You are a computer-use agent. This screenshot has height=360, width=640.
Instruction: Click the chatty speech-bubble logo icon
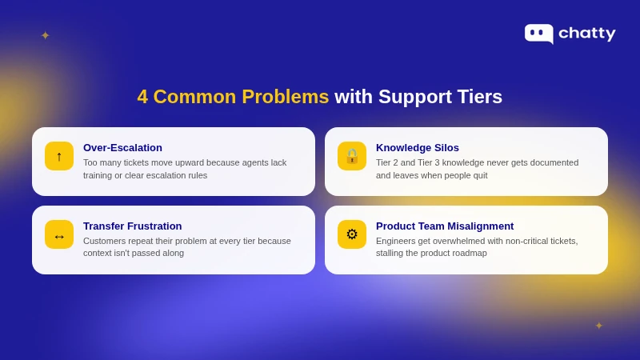(x=538, y=33)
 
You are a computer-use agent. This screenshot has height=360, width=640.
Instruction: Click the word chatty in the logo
(x=586, y=34)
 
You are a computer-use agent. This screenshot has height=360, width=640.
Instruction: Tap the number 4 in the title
(x=142, y=97)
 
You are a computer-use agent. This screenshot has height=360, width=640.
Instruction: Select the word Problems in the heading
(x=285, y=97)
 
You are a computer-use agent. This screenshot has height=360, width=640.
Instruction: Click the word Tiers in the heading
(x=479, y=97)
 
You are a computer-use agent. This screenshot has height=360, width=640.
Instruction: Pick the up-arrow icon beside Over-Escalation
(x=59, y=156)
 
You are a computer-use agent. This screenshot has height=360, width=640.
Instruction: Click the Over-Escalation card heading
(x=122, y=148)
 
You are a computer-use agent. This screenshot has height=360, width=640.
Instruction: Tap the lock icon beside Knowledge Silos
(x=352, y=156)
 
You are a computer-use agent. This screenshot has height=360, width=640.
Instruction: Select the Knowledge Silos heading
(x=418, y=148)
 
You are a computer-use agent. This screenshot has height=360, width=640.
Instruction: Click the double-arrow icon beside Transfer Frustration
(x=59, y=235)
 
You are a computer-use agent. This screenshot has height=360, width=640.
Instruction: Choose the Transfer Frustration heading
(x=133, y=226)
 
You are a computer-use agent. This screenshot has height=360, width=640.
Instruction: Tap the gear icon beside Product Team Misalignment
(x=352, y=234)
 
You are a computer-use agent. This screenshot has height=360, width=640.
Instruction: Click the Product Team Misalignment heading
(x=445, y=226)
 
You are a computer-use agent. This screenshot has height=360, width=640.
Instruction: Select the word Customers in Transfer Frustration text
(x=105, y=241)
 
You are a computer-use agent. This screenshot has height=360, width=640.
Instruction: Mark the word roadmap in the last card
(x=470, y=253)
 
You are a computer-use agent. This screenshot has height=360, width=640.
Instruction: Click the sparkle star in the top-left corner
(x=46, y=36)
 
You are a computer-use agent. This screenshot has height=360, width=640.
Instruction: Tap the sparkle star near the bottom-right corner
(x=599, y=326)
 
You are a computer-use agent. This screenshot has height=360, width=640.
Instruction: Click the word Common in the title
(x=194, y=97)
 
